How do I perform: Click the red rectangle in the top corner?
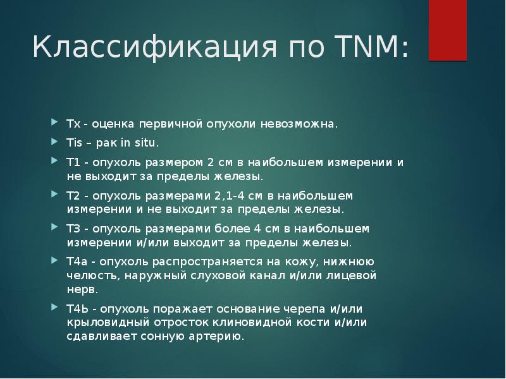pos(448,30)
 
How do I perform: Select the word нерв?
pos(82,290)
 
